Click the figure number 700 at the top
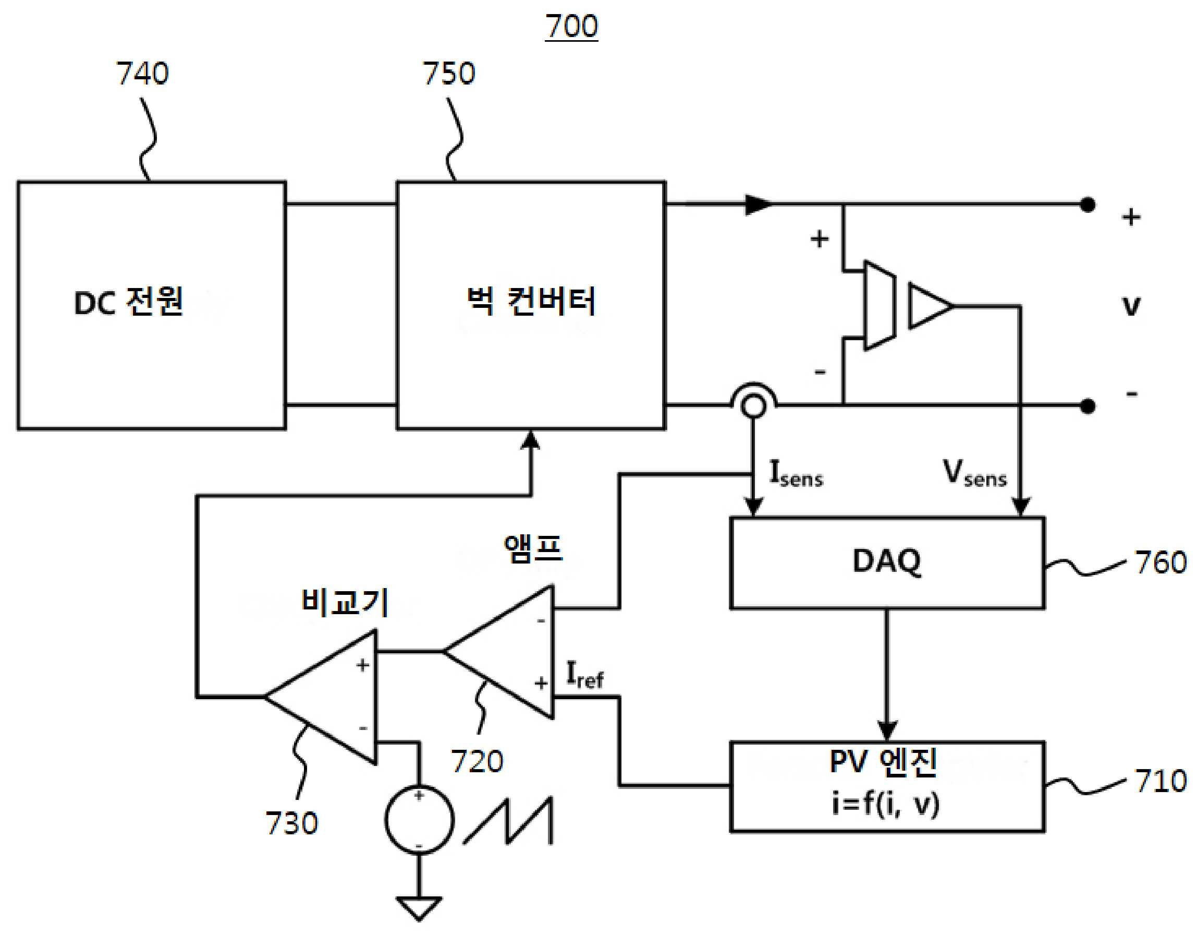click(571, 26)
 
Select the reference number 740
click(142, 73)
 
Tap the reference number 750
click(449, 73)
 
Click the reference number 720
click(477, 761)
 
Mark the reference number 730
click(291, 823)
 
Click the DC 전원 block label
click(128, 301)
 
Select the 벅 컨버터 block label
click(531, 301)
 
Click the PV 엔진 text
click(884, 762)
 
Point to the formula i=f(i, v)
click(886, 805)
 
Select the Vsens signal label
click(975, 473)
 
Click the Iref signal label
click(585, 675)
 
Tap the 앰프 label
click(533, 548)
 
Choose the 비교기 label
click(345, 602)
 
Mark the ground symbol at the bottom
click(419, 908)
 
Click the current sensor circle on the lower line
click(754, 406)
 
